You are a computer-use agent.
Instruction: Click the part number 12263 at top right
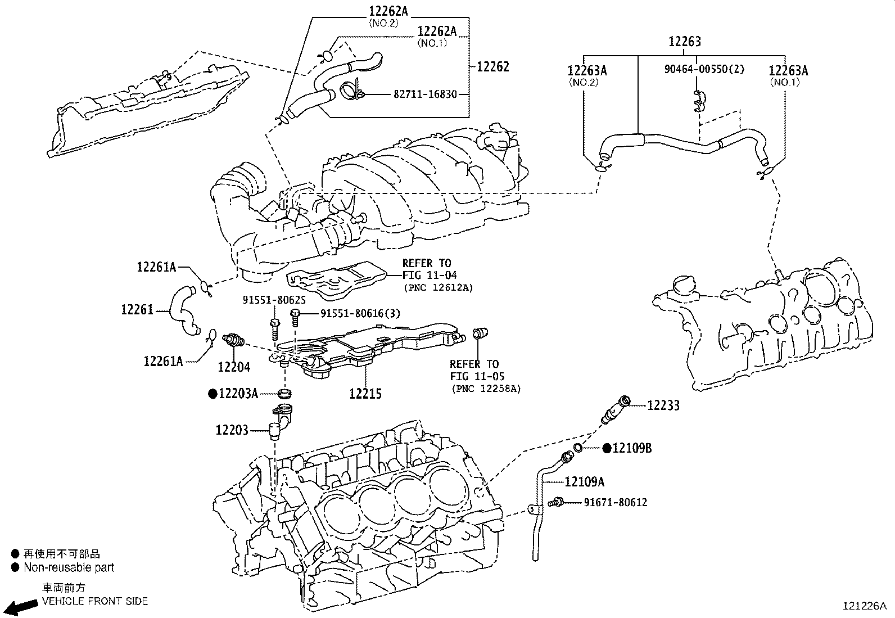pos(684,42)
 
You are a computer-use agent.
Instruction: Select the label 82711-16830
pos(425,94)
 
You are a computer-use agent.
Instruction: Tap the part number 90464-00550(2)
pos(704,69)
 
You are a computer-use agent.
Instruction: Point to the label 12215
pos(365,394)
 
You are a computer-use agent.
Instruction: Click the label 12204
pos(234,367)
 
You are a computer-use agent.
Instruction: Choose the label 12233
pos(663,405)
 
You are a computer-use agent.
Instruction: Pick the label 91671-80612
pos(616,503)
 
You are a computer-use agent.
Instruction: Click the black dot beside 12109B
pos(607,449)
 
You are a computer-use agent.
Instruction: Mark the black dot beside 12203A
pos(213,394)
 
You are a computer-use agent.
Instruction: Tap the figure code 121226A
pos(865,606)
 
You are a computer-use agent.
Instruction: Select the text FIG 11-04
pos(430,275)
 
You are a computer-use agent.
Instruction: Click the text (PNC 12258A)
pos(487,389)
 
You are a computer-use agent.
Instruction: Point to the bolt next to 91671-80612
pos(555,503)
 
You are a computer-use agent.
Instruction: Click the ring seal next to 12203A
pos(284,393)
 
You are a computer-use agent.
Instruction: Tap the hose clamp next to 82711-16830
pos(351,91)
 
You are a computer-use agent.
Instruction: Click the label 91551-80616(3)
pos(360,313)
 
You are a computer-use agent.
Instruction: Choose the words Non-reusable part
pos(69,567)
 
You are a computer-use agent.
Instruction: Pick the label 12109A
pos(584,482)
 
